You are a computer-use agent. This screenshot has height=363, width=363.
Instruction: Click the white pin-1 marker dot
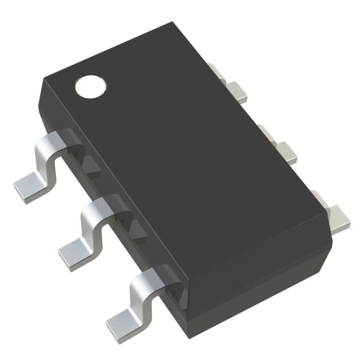click(91, 86)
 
